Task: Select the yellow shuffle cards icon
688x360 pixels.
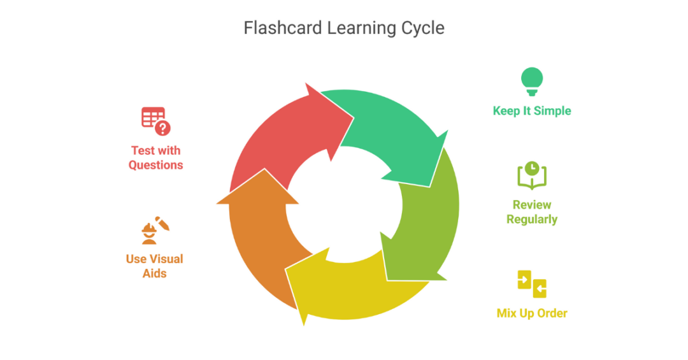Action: pos(532,284)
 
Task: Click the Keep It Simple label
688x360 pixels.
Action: pos(532,111)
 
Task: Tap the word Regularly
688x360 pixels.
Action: pos(532,219)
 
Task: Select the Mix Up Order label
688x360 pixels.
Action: pos(532,313)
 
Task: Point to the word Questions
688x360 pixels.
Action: pos(155,165)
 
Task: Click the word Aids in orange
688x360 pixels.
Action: pos(155,273)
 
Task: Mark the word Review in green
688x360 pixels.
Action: pos(532,205)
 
